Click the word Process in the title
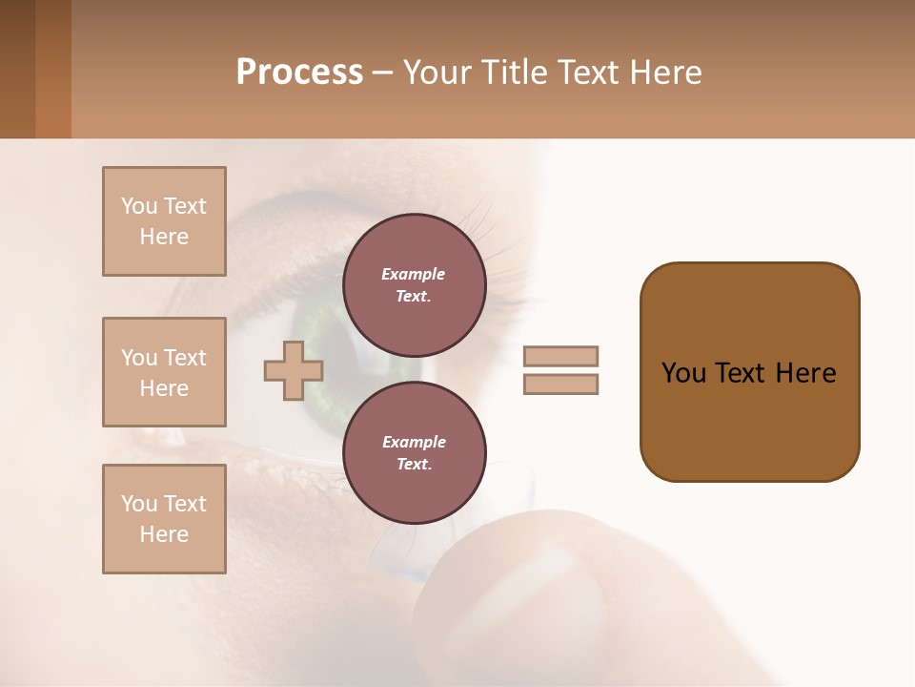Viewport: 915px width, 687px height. pyautogui.click(x=299, y=73)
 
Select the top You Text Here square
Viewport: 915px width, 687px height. pyautogui.click(x=164, y=221)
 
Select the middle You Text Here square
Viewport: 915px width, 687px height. pyautogui.click(x=164, y=372)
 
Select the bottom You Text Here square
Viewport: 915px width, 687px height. pyautogui.click(x=164, y=519)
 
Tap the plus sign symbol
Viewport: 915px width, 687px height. pyautogui.click(x=294, y=370)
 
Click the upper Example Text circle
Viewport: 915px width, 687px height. pyautogui.click(x=414, y=285)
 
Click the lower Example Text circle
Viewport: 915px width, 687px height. pyautogui.click(x=414, y=453)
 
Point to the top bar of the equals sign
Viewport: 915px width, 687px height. pyautogui.click(x=561, y=356)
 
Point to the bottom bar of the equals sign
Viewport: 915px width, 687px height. pyautogui.click(x=561, y=385)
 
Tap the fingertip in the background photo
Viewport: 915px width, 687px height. pyautogui.click(x=534, y=611)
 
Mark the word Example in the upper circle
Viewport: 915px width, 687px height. pyautogui.click(x=414, y=274)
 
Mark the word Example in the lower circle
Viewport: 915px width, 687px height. pyautogui.click(x=414, y=442)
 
